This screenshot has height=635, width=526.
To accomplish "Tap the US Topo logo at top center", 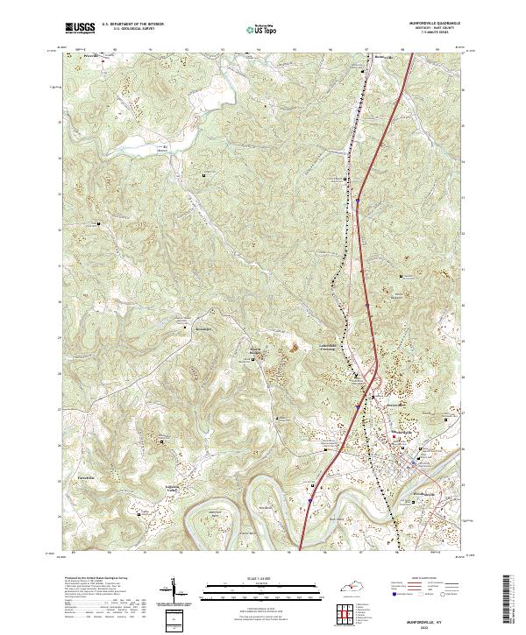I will coord(262,29).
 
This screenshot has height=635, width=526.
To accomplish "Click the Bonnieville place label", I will coord(359,58).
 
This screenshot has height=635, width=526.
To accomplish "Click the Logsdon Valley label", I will coord(174,486).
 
